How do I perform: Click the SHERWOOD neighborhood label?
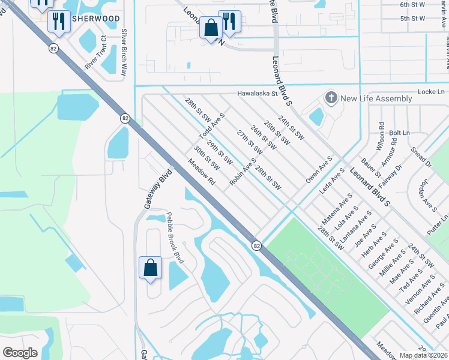click(x=95, y=19)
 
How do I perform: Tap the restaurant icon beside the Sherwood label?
click(x=59, y=21)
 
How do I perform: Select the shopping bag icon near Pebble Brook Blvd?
click(x=150, y=268)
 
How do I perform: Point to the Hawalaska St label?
click(x=258, y=94)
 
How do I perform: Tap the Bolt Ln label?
click(x=399, y=133)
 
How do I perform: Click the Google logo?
click(x=20, y=352)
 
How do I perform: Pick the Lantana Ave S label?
click(x=355, y=233)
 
